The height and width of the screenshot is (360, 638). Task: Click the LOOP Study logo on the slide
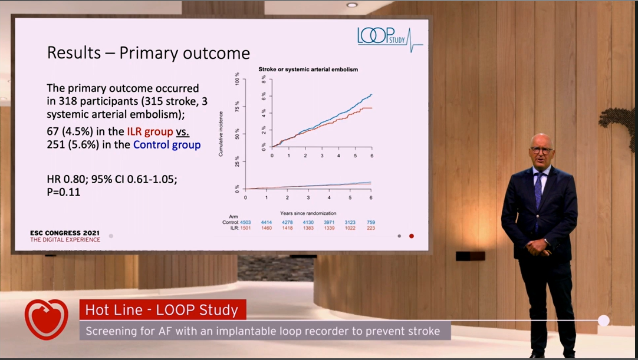click(390, 37)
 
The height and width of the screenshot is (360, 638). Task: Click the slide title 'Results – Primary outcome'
click(149, 53)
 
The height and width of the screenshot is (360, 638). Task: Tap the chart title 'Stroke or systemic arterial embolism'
click(308, 70)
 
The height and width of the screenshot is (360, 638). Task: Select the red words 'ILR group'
click(149, 131)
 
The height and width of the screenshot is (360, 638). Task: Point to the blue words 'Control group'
click(167, 145)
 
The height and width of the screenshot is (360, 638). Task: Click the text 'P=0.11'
click(64, 192)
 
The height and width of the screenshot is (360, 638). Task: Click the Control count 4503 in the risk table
click(246, 222)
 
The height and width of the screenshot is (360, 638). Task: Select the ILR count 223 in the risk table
click(370, 228)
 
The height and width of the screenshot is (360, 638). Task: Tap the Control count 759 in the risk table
click(370, 222)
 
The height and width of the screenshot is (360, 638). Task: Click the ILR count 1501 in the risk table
click(246, 228)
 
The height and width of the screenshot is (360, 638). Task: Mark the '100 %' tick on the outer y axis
click(237, 81)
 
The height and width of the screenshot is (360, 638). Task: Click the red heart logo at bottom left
click(46, 319)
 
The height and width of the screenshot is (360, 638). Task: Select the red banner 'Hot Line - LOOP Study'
click(162, 310)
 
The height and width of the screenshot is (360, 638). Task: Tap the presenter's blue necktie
click(538, 189)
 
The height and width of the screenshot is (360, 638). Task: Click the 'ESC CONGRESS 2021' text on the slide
click(65, 233)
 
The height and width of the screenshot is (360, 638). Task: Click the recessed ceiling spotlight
click(352, 5)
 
